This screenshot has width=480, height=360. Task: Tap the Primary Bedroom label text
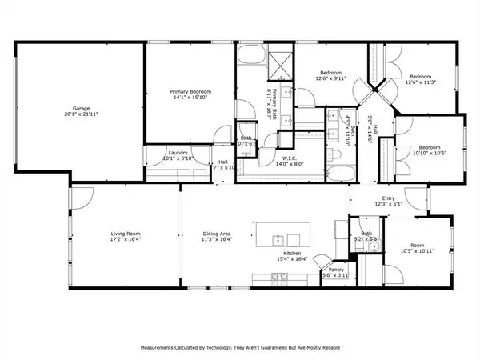(190, 92)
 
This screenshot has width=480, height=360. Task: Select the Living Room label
(125, 233)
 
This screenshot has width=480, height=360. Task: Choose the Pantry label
(336, 270)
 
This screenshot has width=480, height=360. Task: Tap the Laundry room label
(178, 152)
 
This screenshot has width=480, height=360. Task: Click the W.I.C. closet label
(290, 158)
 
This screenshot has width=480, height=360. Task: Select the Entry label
(389, 198)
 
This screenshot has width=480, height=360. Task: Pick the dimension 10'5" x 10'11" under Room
(418, 251)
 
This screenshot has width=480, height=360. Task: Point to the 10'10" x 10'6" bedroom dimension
(429, 153)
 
